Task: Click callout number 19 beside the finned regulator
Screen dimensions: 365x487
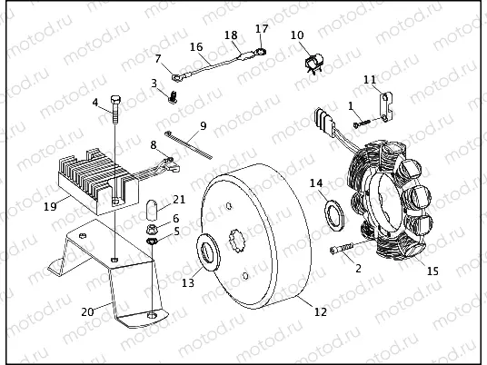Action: [51, 206]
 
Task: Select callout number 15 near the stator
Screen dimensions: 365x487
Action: [432, 271]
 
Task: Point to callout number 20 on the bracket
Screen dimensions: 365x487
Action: [87, 311]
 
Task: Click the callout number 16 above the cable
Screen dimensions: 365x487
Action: [196, 46]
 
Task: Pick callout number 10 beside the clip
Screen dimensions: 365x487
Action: [296, 36]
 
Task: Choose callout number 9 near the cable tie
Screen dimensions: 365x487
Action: [203, 125]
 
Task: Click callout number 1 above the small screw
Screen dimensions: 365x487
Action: [351, 105]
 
